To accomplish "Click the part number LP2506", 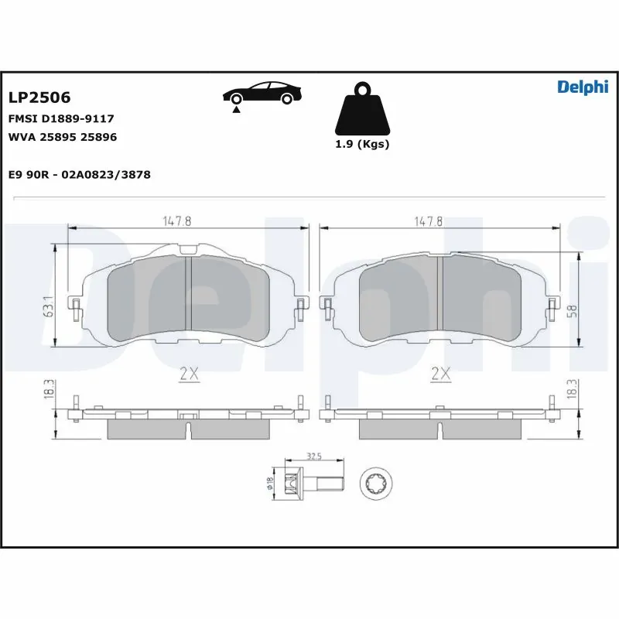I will pos(39,98).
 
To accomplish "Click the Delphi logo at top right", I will pos(583,87).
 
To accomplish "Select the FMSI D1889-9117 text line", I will pos(61,118).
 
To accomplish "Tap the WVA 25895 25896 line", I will pos(63,137).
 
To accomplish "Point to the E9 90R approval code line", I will pos(79,175).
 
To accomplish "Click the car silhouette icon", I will pos(262,94).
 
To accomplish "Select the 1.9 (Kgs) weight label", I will pos(361,145).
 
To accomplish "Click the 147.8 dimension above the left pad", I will pos(176,221).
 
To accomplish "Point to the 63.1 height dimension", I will pos(48,306).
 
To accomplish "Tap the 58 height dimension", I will pos(571,309).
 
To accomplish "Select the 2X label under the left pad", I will pos(189,374).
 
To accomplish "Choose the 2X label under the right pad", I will pos(440,374).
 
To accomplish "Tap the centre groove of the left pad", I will pos(189,294).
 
